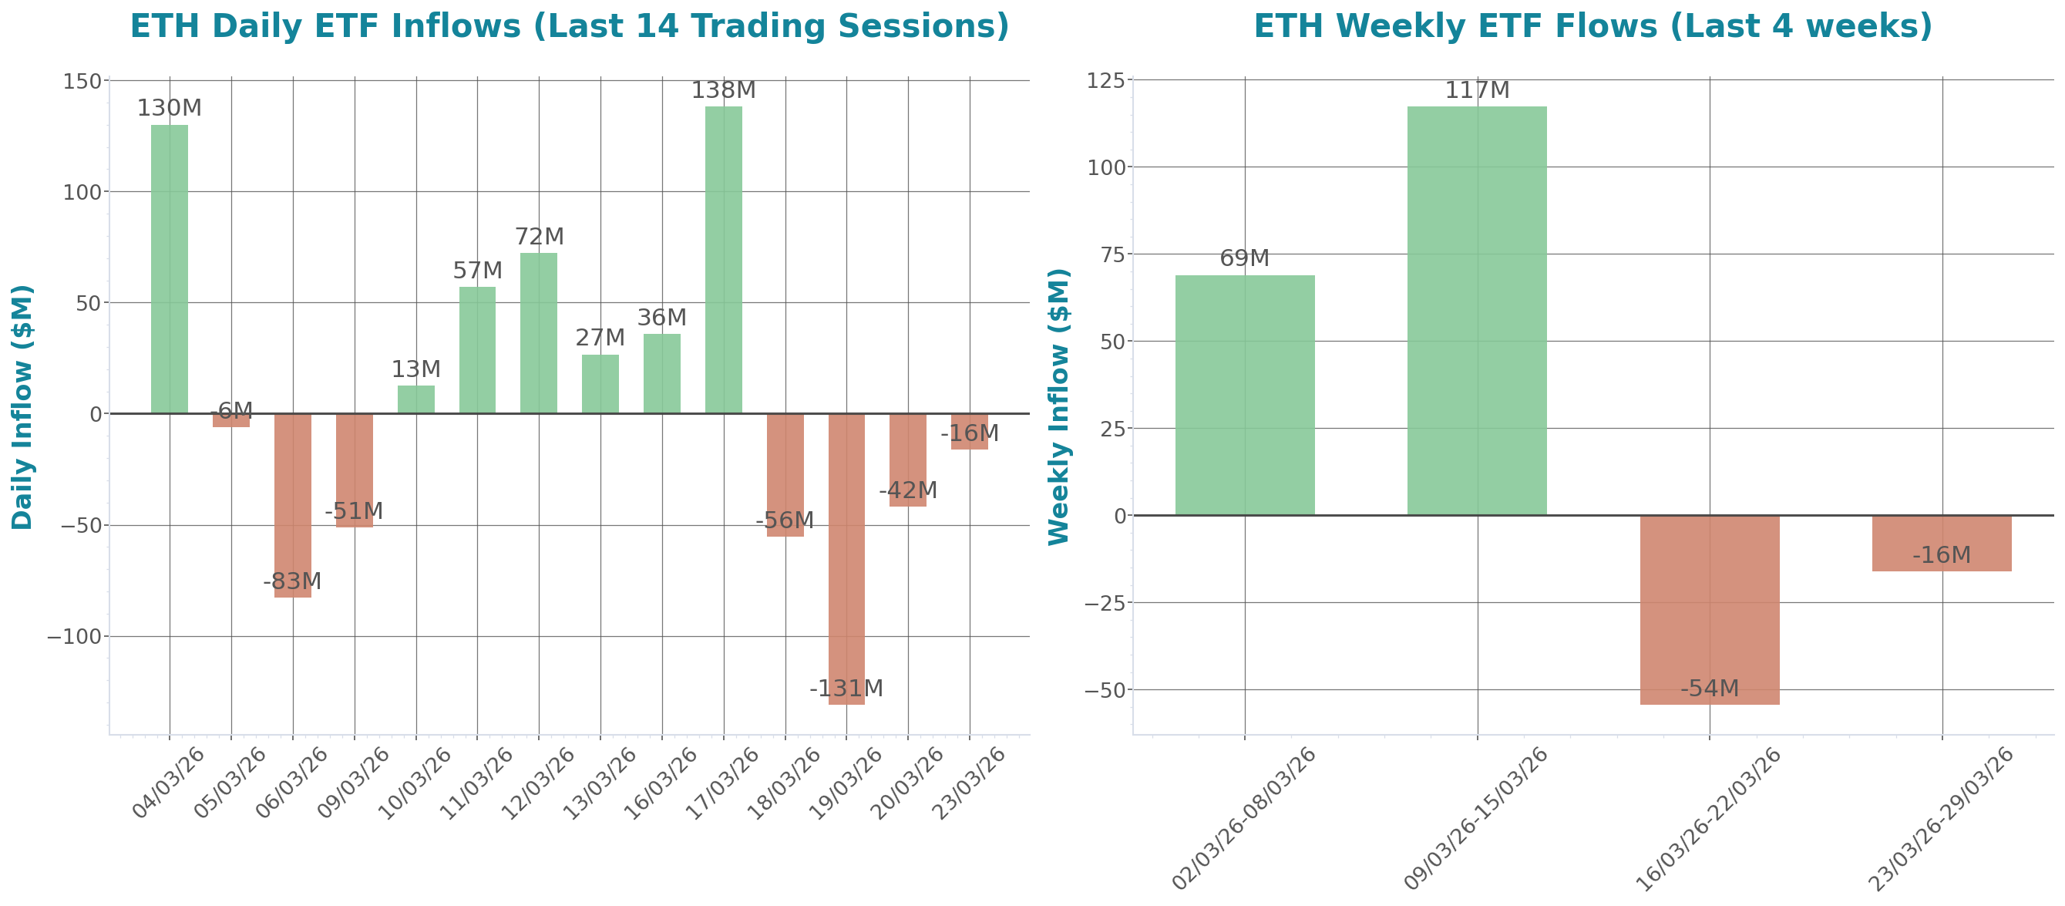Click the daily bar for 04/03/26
coord(169,268)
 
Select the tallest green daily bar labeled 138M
coord(723,260)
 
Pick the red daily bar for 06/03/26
coord(293,505)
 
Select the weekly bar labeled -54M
coord(1709,609)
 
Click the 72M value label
coord(539,237)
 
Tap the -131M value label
coord(846,688)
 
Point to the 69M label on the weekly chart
coord(1244,258)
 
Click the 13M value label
coord(415,369)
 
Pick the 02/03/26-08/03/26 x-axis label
coord(1244,818)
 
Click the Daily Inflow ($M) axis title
coord(22,406)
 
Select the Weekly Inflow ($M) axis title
coord(1059,406)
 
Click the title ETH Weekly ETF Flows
coord(1592,25)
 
